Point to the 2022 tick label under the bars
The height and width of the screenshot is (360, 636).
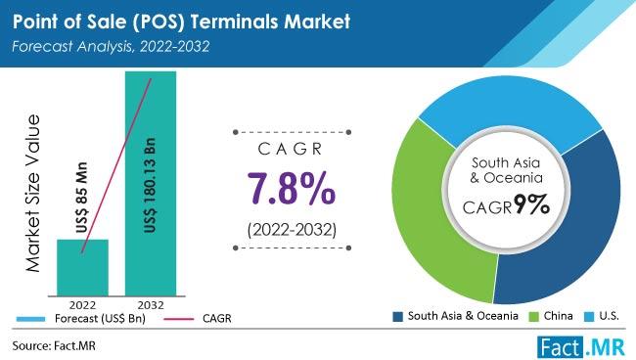[x=83, y=303]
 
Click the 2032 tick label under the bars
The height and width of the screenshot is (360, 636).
[x=150, y=303]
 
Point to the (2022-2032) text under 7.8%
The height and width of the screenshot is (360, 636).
[x=283, y=231]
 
